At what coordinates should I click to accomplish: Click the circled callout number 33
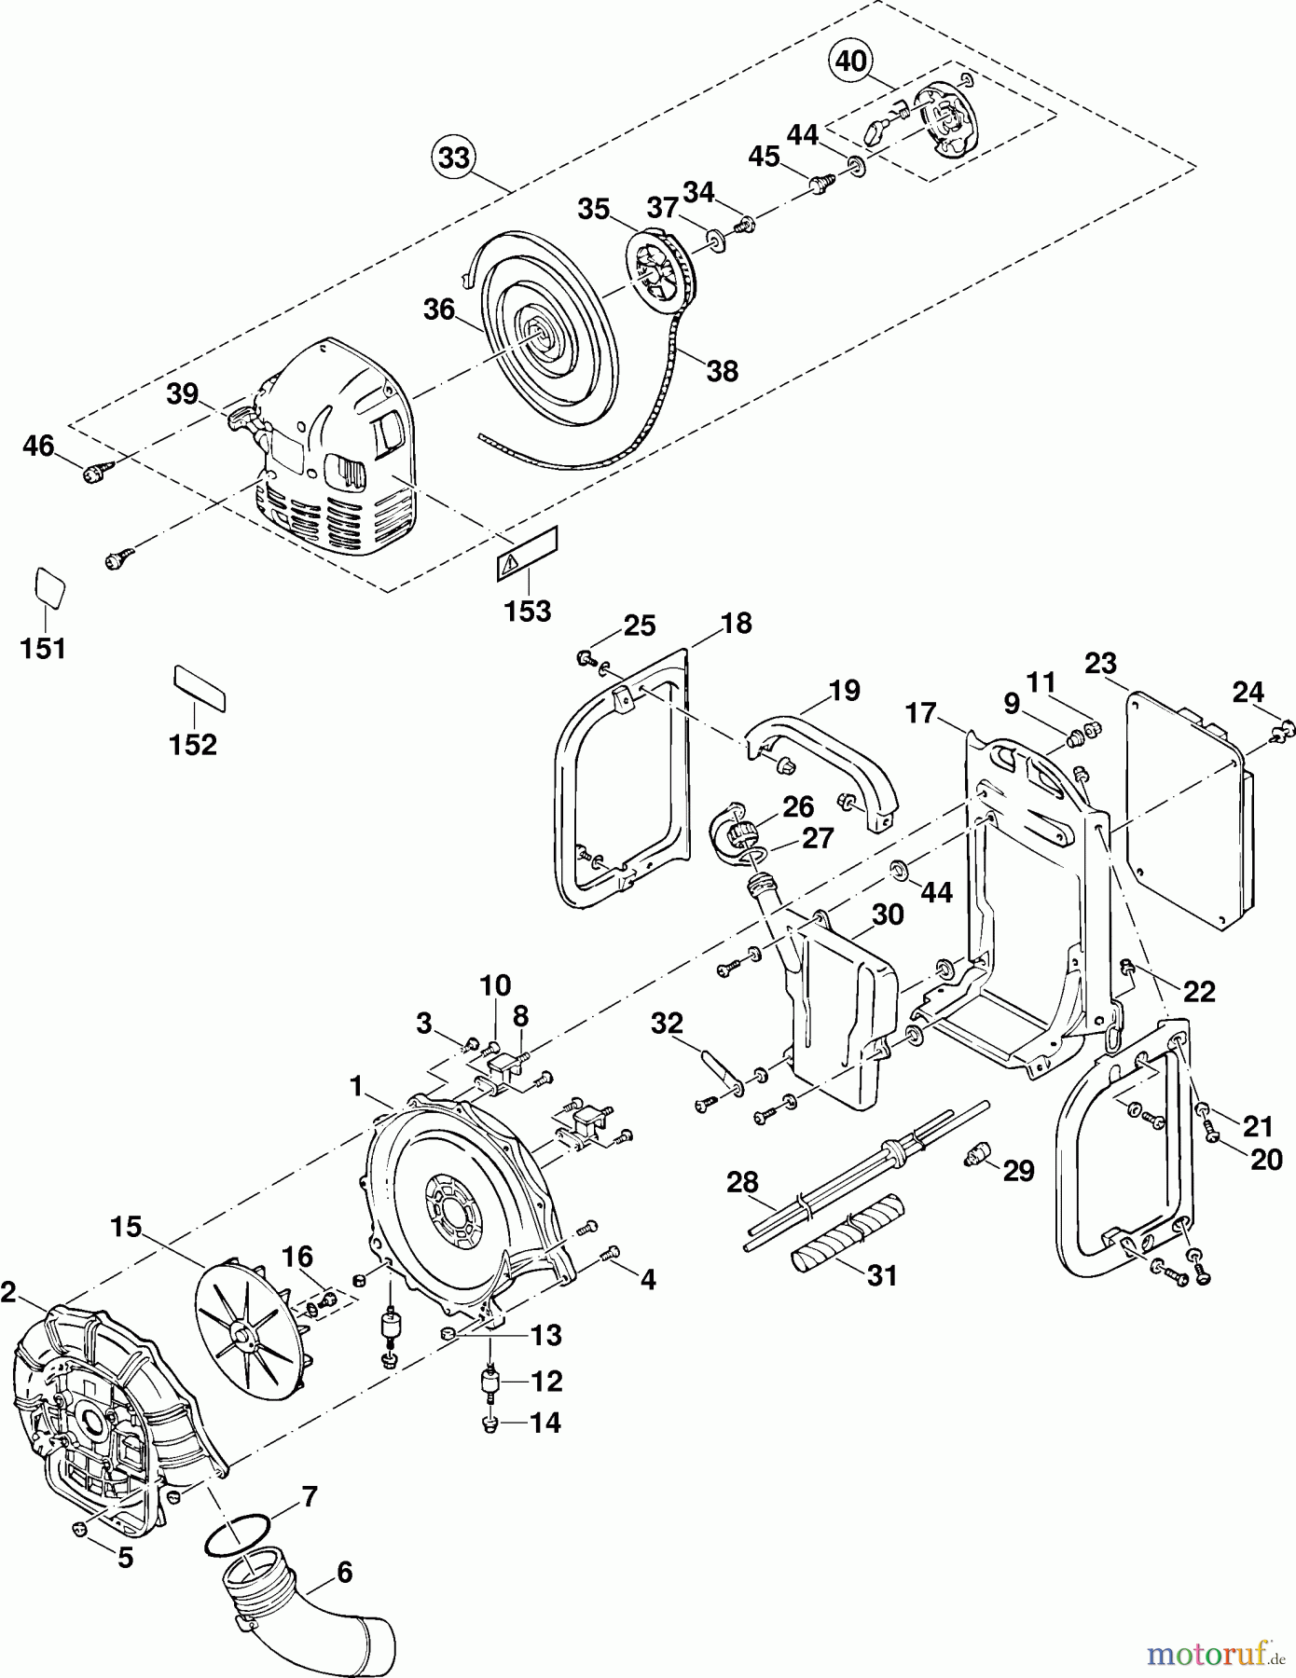[x=454, y=158]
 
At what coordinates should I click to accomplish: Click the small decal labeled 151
[x=50, y=587]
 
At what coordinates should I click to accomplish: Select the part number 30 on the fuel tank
[x=888, y=915]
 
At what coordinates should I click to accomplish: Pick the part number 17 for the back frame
[x=921, y=713]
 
